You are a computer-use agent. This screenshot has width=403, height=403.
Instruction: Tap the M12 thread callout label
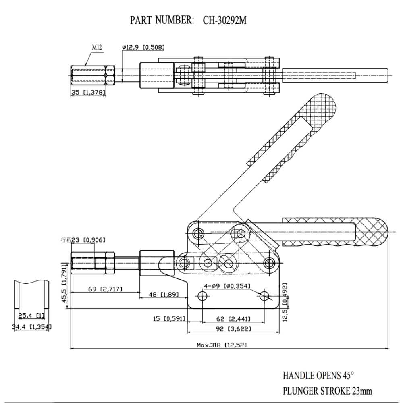point(97,47)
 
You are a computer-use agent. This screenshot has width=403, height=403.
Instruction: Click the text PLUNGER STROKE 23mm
point(327,391)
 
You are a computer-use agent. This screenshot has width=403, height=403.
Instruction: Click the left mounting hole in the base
point(203,297)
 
